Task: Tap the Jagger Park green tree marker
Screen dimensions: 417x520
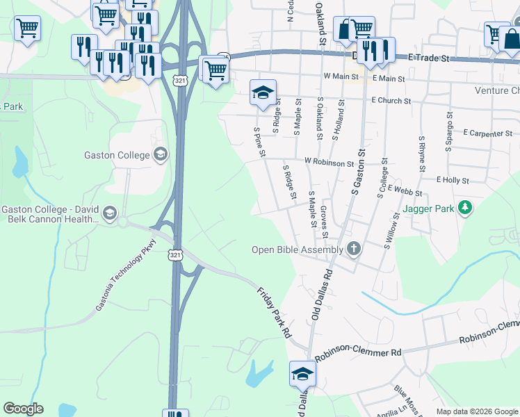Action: click(x=465, y=207)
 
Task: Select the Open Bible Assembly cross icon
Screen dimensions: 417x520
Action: click(x=354, y=249)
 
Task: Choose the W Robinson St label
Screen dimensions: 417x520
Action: click(x=329, y=163)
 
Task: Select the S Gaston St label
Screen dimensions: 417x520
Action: click(x=358, y=171)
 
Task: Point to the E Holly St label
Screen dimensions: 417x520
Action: click(x=453, y=180)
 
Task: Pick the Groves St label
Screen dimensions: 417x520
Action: click(x=324, y=220)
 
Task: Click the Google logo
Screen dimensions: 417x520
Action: click(x=23, y=409)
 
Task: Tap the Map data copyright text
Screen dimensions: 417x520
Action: click(x=477, y=411)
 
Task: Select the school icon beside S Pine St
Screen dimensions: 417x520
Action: click(x=263, y=93)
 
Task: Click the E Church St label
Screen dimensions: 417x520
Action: click(x=391, y=101)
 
